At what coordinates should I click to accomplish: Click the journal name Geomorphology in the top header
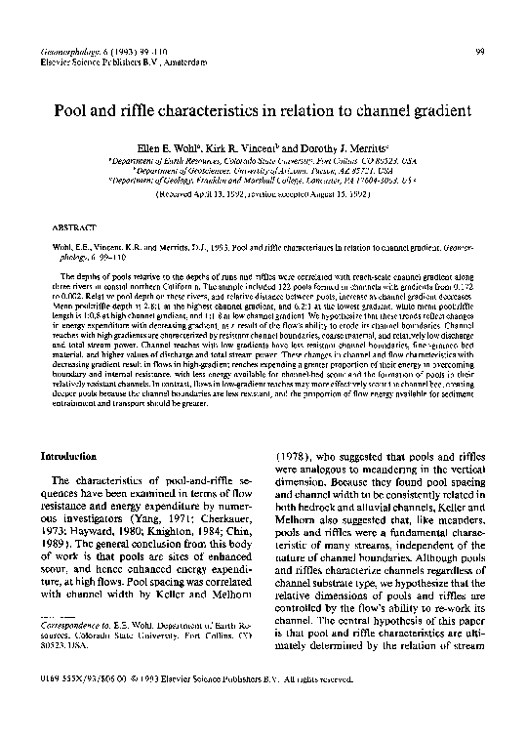(x=63, y=50)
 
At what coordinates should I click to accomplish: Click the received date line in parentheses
(x=263, y=192)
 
